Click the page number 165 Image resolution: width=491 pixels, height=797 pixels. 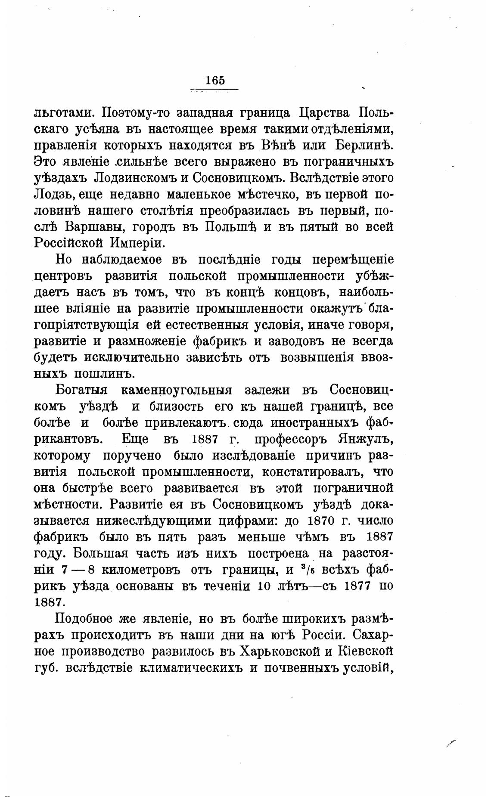[x=215, y=81]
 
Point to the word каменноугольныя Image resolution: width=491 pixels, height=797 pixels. [x=177, y=391]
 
